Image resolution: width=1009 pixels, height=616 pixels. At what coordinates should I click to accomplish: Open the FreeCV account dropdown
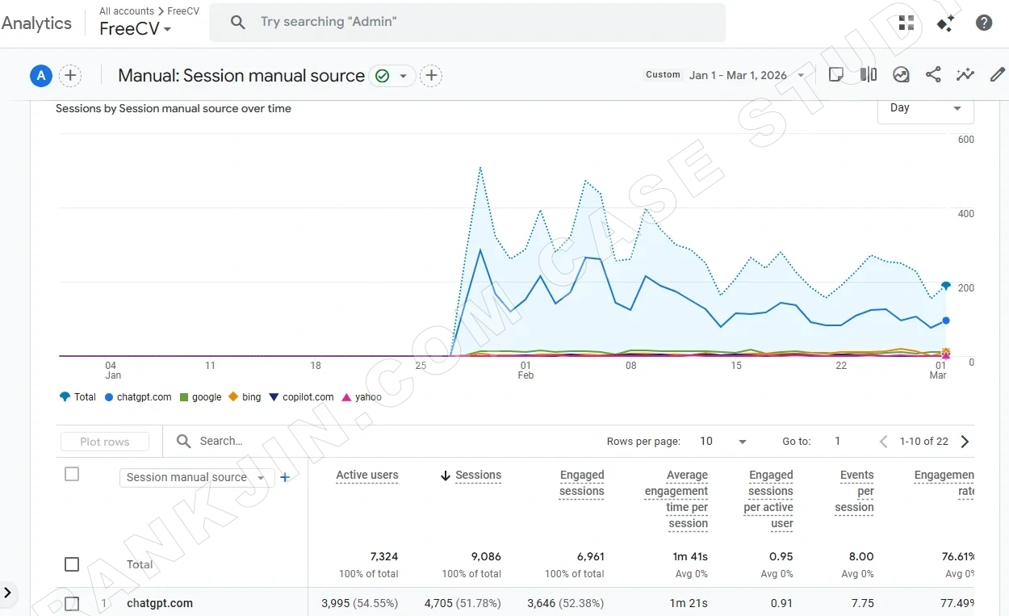pos(135,29)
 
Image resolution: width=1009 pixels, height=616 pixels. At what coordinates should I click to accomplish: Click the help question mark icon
pos(984,23)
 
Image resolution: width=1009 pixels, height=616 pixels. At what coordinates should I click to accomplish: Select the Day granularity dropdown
pos(925,108)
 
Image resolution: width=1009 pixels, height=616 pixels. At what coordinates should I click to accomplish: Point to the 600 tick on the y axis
pos(965,140)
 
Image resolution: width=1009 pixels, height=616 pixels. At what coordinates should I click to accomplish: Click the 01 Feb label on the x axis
pos(525,371)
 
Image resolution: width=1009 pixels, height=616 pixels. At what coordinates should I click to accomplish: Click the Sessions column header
pos(478,476)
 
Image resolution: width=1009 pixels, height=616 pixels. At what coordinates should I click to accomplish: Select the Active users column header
pos(366,476)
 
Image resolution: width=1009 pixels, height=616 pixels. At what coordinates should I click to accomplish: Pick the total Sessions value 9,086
pos(485,556)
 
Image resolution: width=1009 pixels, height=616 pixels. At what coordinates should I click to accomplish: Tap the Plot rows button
pos(105,442)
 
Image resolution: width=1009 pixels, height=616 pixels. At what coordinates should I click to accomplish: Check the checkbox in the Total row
pos(72,564)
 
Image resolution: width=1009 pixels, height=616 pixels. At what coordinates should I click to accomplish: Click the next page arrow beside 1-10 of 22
pos(965,442)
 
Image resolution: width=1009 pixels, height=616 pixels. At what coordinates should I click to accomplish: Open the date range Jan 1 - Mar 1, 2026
pos(738,75)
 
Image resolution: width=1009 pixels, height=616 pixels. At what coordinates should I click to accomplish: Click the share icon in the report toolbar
pos(933,75)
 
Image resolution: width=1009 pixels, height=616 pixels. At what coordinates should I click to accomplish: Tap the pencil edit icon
pos(998,75)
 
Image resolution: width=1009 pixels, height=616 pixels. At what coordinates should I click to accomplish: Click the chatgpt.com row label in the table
pos(160,603)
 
